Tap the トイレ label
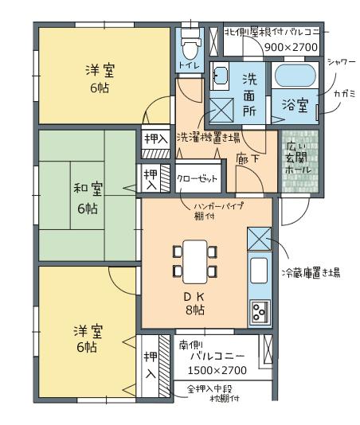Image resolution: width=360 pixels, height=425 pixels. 190,66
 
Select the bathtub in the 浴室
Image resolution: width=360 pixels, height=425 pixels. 295,76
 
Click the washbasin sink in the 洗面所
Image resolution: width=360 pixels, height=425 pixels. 220,76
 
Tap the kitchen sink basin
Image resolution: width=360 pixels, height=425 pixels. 259,271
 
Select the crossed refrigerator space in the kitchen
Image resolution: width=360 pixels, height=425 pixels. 260,239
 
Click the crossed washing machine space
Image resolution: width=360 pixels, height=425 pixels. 221,111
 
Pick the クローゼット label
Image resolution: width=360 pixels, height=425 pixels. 198,179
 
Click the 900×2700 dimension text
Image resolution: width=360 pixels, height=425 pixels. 291,48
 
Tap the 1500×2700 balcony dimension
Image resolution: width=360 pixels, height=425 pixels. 217,370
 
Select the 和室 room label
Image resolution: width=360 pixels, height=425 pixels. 88,189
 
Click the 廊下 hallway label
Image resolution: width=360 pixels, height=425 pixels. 248,158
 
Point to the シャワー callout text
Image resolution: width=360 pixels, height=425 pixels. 341,62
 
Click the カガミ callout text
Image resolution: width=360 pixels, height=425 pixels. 345,94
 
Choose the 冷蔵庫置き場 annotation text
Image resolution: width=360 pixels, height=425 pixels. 311,272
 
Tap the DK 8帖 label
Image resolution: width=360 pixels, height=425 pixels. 195,303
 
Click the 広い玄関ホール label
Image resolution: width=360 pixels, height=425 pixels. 299,158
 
